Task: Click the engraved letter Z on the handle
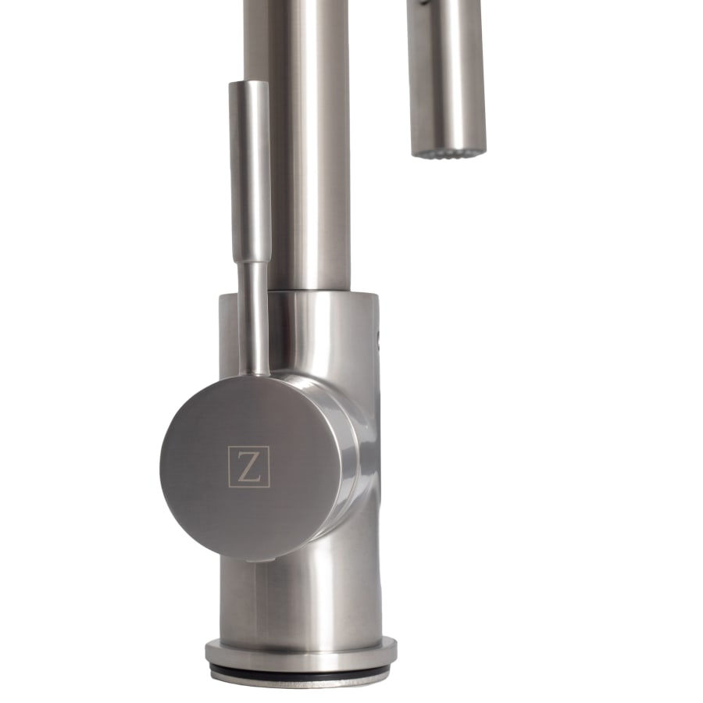249,466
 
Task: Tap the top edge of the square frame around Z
249,447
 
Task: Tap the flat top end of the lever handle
248,83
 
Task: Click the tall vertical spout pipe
308,141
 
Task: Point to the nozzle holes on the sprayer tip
447,150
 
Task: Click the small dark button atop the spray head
423,3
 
